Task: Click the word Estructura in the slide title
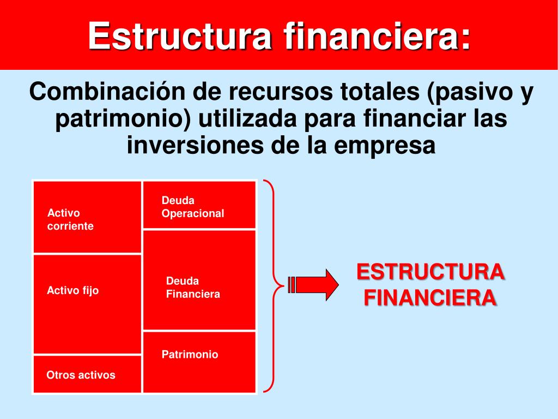[x=180, y=36]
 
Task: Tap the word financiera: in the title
[x=377, y=36]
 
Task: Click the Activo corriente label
[x=70, y=219]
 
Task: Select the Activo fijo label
[x=73, y=291]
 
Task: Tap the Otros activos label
[x=81, y=375]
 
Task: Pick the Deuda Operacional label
[x=192, y=207]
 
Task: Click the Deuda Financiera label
[x=193, y=288]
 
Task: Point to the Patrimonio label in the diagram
[x=190, y=355]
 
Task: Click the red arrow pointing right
[x=314, y=285]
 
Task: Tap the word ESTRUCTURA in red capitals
[x=430, y=272]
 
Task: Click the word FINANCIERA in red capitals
[x=430, y=298]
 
